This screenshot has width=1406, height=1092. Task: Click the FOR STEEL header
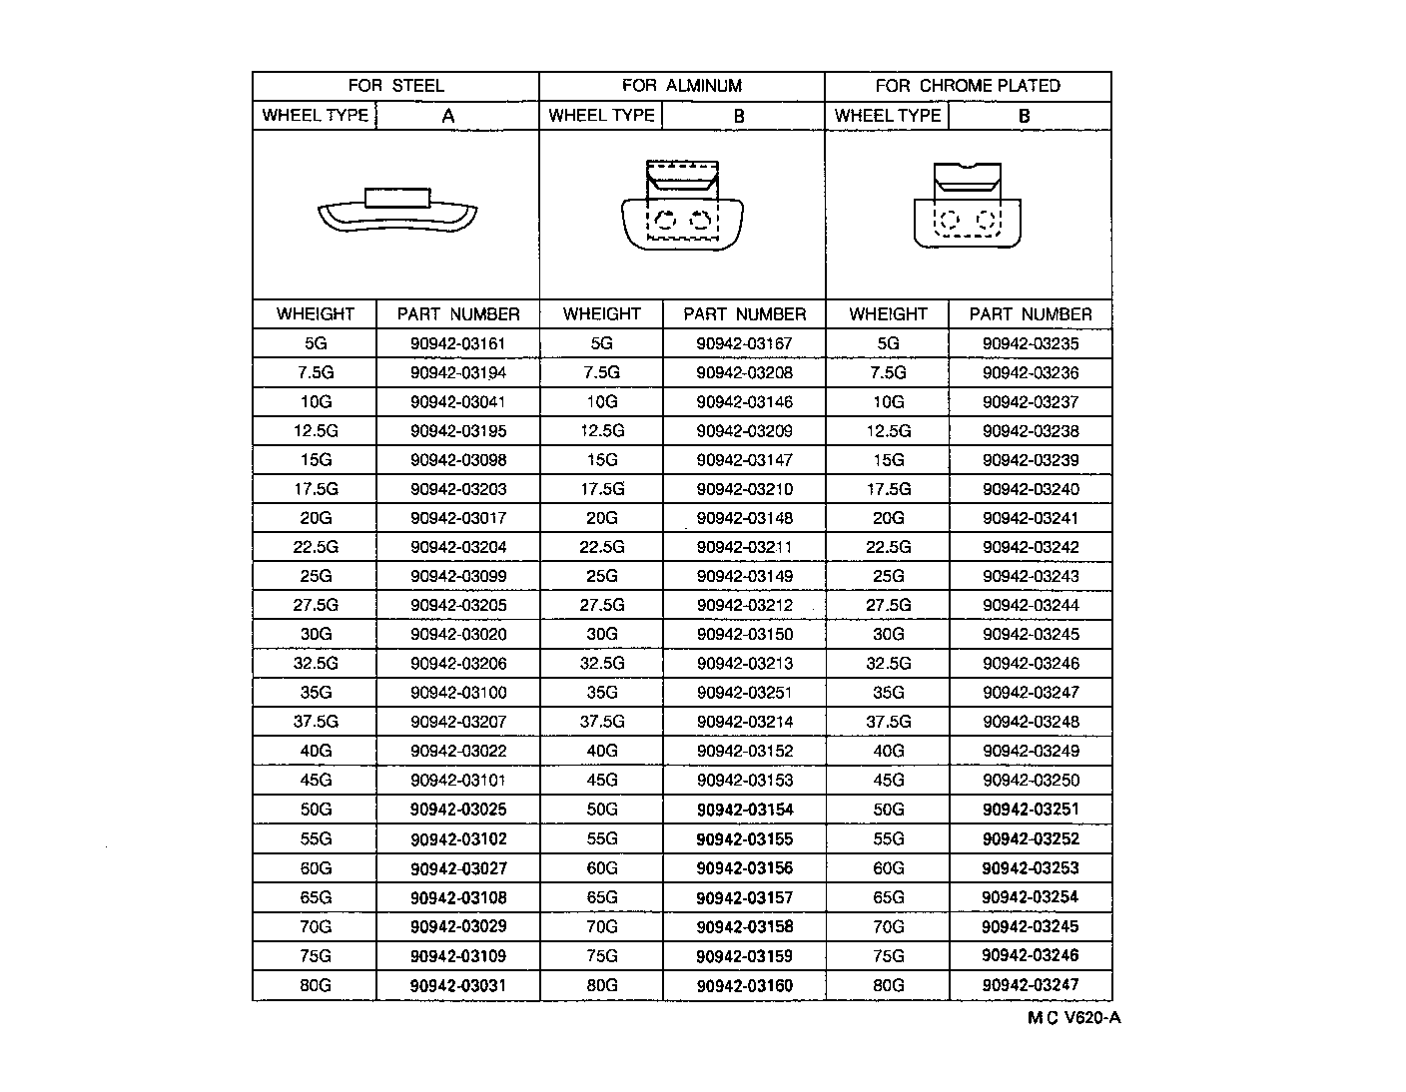(395, 86)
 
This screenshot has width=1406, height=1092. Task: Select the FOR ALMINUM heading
(681, 86)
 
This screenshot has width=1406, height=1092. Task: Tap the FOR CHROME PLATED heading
(967, 86)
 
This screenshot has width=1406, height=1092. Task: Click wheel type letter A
(448, 116)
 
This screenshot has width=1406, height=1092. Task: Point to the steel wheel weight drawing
(397, 211)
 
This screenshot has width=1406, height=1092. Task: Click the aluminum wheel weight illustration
(682, 206)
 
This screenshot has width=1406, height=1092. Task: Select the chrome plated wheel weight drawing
(967, 206)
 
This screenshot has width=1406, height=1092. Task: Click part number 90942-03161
(457, 344)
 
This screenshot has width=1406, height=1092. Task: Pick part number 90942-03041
(457, 402)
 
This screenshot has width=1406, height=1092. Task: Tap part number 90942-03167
(744, 344)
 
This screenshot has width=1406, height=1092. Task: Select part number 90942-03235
(1031, 344)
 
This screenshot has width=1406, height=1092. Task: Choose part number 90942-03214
(744, 722)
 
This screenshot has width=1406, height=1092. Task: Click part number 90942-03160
(744, 985)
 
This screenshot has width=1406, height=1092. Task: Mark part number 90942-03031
(457, 985)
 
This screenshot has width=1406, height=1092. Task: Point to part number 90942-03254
(1031, 897)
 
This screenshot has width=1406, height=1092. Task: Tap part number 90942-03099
(457, 577)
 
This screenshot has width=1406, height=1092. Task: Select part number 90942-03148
(744, 518)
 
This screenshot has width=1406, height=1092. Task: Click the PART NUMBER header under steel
(457, 314)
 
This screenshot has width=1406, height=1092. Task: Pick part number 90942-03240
(1031, 489)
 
